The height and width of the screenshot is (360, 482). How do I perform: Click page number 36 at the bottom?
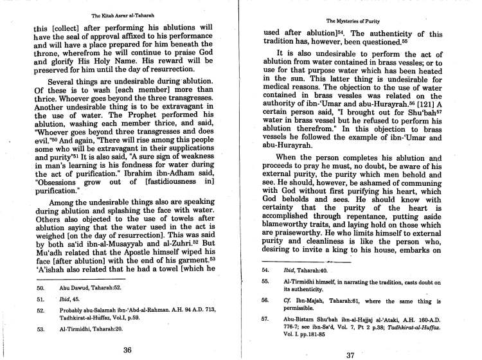pos(127,349)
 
